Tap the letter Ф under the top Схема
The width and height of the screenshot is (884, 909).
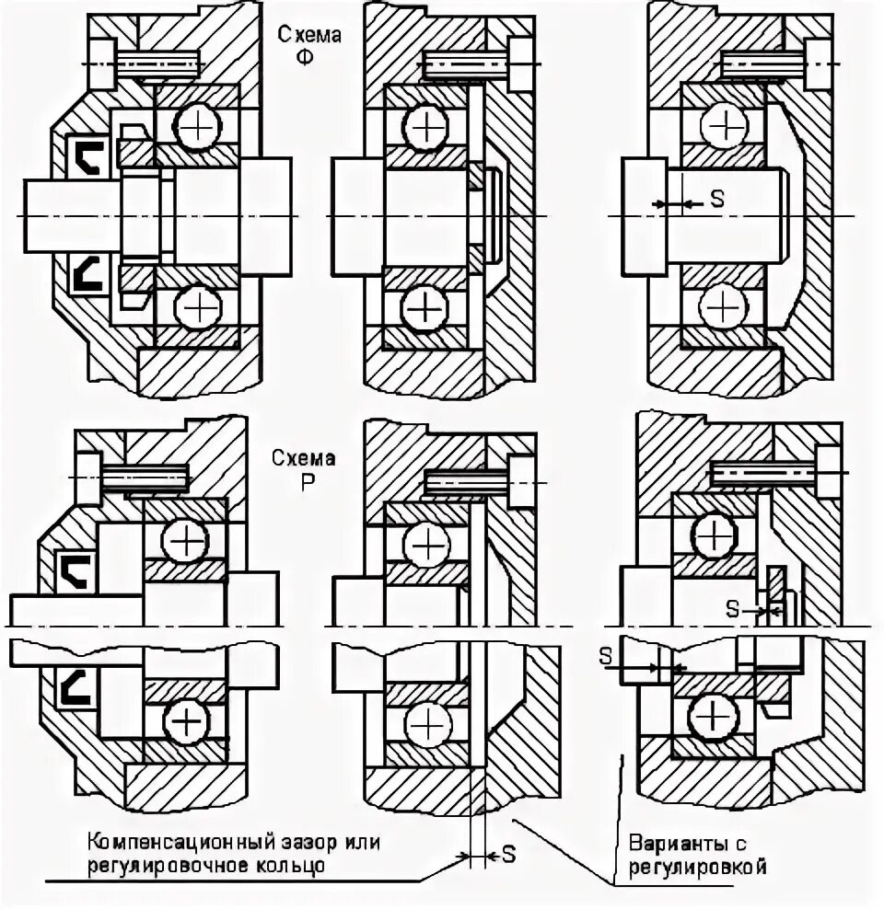pyautogui.click(x=303, y=57)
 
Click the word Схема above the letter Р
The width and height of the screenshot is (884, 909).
pyautogui.click(x=303, y=457)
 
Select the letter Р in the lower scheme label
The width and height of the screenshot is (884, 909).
pyautogui.click(x=303, y=480)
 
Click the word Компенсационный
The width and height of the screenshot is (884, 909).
pyautogui.click(x=182, y=842)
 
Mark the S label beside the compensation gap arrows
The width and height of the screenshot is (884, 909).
pyautogui.click(x=508, y=856)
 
